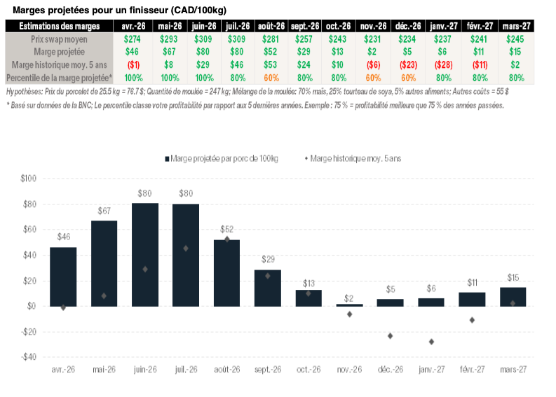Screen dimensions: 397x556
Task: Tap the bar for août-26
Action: pyautogui.click(x=226, y=273)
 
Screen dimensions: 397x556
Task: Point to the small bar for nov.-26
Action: pyautogui.click(x=349, y=305)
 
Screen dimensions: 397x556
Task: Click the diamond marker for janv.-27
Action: pyautogui.click(x=431, y=342)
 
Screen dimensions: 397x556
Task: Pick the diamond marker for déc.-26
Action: pyautogui.click(x=391, y=336)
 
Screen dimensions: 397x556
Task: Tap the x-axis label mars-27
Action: pyautogui.click(x=513, y=370)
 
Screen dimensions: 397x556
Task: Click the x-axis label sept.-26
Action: pyautogui.click(x=267, y=370)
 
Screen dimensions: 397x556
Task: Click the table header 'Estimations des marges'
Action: pyautogui.click(x=59, y=26)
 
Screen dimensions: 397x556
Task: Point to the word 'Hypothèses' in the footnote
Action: pyautogui.click(x=22, y=91)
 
